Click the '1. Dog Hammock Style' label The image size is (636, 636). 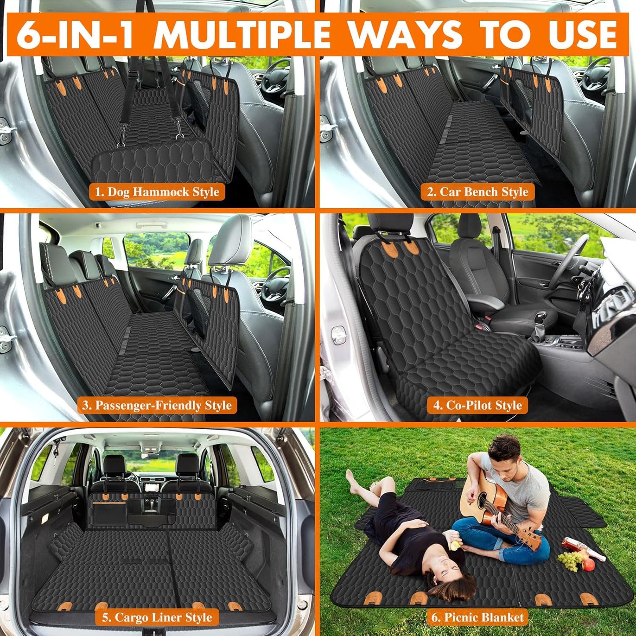pyautogui.click(x=157, y=192)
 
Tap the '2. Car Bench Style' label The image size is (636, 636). pyautogui.click(x=478, y=192)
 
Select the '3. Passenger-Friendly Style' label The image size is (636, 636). pyautogui.click(x=157, y=405)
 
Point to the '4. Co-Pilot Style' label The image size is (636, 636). pyautogui.click(x=478, y=405)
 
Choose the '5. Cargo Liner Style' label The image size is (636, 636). pyautogui.click(x=157, y=617)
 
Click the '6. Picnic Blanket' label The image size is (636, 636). pyautogui.click(x=478, y=617)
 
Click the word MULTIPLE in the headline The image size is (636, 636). pyautogui.click(x=242, y=34)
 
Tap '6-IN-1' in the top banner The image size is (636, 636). pyautogui.click(x=75, y=34)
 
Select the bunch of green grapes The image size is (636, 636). pyautogui.click(x=570, y=560)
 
